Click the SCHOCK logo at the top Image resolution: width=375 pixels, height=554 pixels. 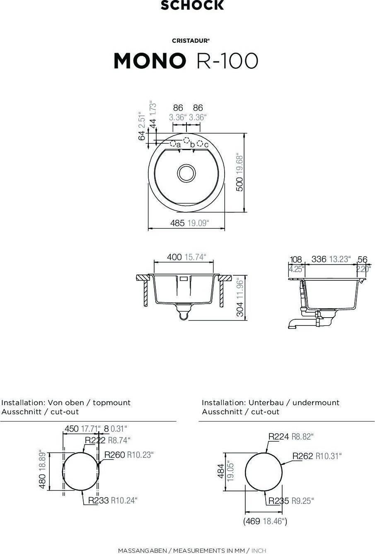(x=192, y=5)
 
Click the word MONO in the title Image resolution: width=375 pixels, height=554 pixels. (x=150, y=61)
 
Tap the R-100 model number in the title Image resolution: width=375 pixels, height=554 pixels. (x=227, y=61)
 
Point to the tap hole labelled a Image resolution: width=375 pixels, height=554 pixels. (x=173, y=143)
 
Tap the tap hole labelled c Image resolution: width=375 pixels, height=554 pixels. (x=200, y=143)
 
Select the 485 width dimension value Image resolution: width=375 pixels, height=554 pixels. (x=177, y=223)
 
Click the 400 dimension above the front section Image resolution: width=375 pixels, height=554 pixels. (x=174, y=257)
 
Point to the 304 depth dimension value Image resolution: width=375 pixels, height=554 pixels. (x=240, y=309)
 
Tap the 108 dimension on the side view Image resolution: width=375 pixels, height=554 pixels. (x=296, y=260)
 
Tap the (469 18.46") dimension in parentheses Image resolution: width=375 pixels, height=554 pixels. (x=265, y=521)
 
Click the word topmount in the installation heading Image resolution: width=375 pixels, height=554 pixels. (x=111, y=403)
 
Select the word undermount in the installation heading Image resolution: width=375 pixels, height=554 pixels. (x=316, y=403)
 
